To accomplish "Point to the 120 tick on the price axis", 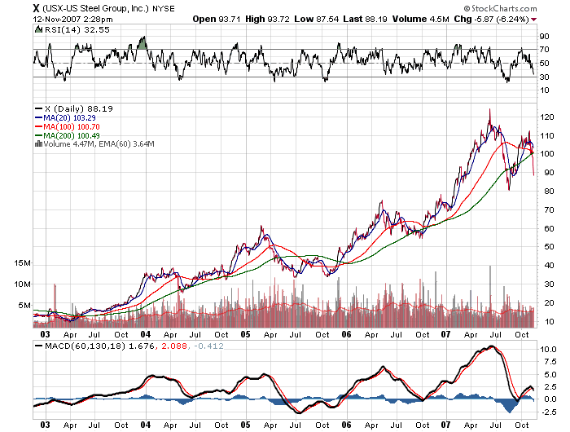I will coord(546,117).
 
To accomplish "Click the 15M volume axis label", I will coord(23,264).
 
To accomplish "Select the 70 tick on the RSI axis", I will coord(543,50).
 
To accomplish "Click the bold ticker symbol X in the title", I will coord(13,8).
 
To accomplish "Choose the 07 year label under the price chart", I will coord(447,334).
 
